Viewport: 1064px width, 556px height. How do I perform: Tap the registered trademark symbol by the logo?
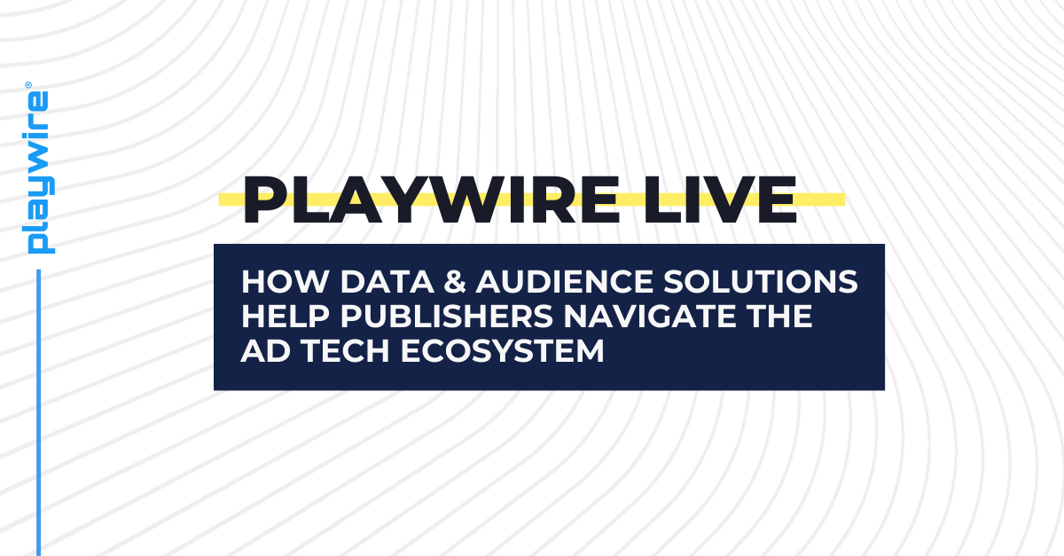[28, 85]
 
